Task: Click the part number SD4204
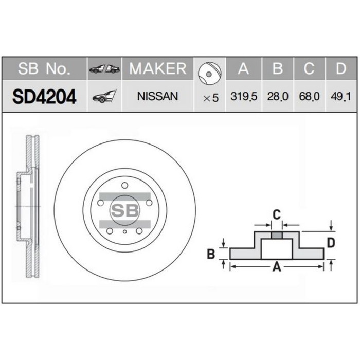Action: [44, 96]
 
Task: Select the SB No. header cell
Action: [44, 68]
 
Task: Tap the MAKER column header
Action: [157, 68]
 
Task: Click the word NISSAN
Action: [157, 96]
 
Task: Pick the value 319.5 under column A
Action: [244, 97]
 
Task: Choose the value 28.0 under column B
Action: [278, 97]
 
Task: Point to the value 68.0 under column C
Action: [309, 97]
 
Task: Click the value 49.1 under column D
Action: [339, 97]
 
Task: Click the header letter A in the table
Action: [244, 68]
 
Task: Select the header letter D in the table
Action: [339, 68]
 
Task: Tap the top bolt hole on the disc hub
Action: [125, 186]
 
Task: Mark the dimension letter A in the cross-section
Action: [276, 266]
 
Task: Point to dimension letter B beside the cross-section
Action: [211, 253]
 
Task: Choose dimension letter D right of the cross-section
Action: [332, 242]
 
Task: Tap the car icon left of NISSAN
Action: [104, 96]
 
